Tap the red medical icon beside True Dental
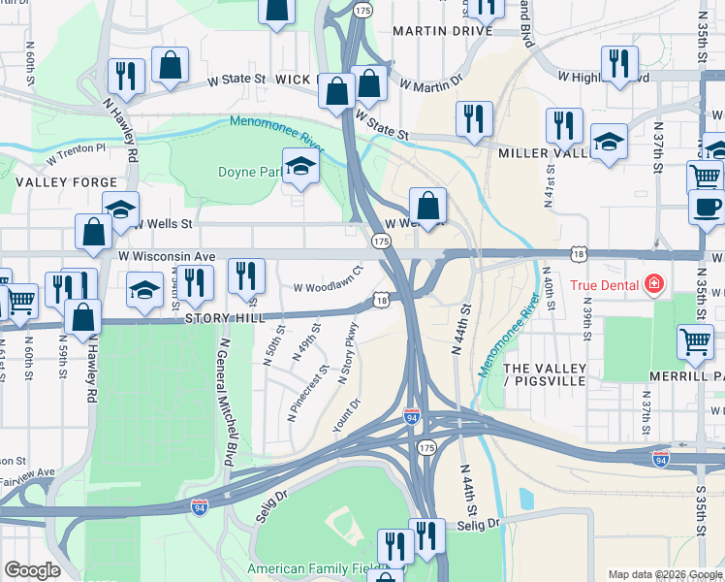[655, 284]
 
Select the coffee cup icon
[707, 207]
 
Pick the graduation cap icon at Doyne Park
[300, 166]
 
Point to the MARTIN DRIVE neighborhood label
[443, 31]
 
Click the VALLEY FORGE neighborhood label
[67, 182]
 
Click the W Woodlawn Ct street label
[328, 288]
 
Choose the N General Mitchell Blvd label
[225, 399]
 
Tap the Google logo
[32, 570]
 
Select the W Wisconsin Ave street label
[166, 256]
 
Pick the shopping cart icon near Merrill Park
[697, 342]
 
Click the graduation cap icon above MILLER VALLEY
[609, 142]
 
